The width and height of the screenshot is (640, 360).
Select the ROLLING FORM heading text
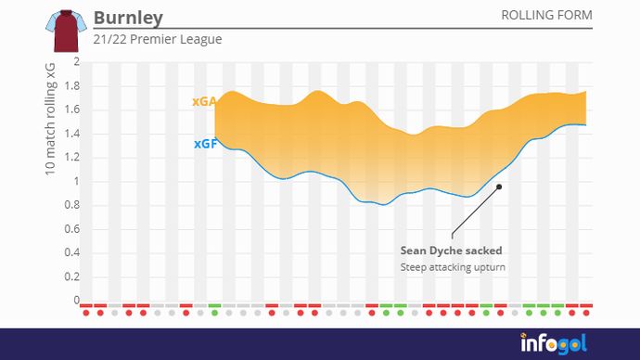546,16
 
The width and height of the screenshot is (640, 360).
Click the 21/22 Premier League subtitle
158,40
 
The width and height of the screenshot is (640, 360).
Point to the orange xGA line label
204,102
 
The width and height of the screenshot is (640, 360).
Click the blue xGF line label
205,144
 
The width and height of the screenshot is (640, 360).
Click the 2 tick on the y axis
77,62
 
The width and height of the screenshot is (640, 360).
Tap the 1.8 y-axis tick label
71,86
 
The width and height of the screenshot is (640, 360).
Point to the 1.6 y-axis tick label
71,110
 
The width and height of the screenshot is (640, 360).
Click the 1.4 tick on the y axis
71,134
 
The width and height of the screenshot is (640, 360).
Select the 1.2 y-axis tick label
71,158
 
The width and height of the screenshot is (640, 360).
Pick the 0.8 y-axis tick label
71,206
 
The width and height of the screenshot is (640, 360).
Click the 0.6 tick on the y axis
71,229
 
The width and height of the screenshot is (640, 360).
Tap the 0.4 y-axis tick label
71,253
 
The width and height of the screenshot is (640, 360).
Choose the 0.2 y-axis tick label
71,277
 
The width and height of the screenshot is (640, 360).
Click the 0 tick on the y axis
77,301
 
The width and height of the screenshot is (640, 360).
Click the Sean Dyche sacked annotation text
451,251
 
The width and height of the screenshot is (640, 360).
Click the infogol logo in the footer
553,343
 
